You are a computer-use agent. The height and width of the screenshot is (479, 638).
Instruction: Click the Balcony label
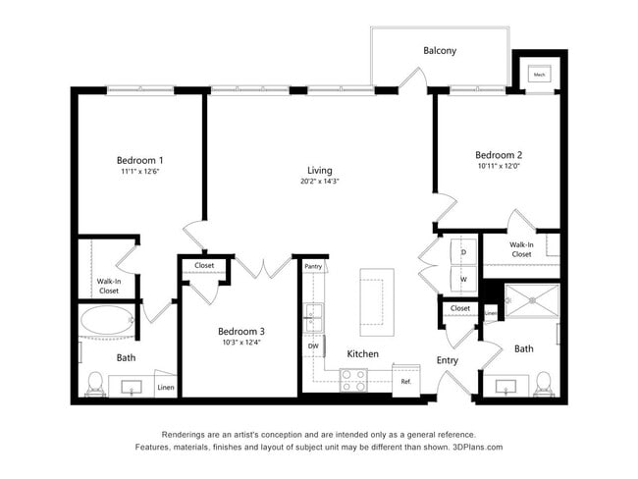[x=440, y=51]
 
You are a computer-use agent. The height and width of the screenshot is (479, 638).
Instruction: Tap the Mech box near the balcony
[x=539, y=74]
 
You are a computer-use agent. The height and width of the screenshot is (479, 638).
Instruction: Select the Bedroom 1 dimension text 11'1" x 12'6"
[x=139, y=172]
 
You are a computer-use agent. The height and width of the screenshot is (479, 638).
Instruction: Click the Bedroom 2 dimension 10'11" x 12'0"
[x=498, y=166]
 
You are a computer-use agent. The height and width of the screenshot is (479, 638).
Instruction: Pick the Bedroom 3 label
[x=240, y=331]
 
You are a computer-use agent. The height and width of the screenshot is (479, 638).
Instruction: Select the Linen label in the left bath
[x=166, y=388]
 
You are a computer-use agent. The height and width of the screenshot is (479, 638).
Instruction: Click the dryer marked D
[x=463, y=251]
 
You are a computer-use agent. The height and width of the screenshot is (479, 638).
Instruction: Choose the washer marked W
[x=463, y=279]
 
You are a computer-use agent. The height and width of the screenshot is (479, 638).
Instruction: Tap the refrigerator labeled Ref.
[x=404, y=380]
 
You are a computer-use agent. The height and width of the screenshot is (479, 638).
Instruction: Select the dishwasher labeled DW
[x=313, y=346]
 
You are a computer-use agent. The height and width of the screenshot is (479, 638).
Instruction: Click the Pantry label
[x=313, y=266]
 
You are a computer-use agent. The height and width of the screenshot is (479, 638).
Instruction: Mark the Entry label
[x=448, y=360]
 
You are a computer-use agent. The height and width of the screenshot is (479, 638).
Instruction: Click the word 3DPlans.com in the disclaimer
[x=477, y=447]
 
